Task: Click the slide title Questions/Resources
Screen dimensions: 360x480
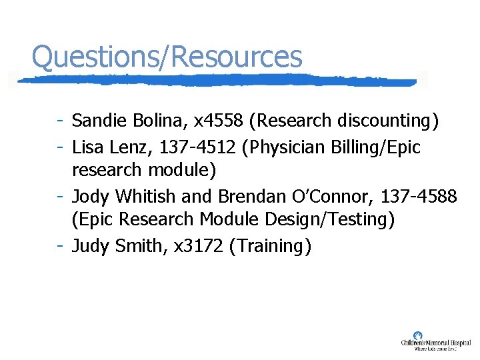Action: (x=167, y=57)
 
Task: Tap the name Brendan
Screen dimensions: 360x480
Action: (x=243, y=196)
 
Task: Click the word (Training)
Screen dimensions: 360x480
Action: (x=270, y=246)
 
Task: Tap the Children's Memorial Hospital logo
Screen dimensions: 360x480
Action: (x=435, y=341)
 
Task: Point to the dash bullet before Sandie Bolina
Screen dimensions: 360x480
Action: (x=60, y=121)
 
